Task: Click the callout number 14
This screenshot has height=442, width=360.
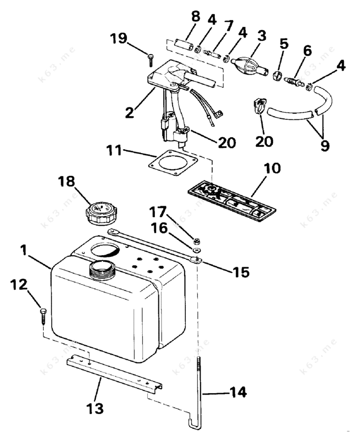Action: tap(237, 392)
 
